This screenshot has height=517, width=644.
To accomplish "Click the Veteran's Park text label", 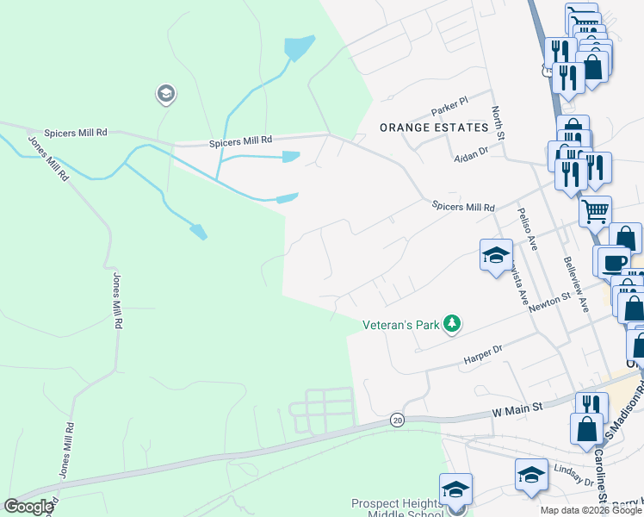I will tap(400, 324).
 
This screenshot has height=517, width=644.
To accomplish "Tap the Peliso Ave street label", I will tap(528, 228).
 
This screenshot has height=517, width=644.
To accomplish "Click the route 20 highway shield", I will tap(396, 420).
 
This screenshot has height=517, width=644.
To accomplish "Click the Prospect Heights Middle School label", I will tap(396, 508).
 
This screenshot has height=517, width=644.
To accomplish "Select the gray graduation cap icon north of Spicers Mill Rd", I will tap(165, 94).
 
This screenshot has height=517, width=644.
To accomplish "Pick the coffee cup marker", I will tap(613, 262).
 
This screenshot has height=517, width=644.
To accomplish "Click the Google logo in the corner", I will tap(28, 507).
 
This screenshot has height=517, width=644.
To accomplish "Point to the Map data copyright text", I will tap(590, 510).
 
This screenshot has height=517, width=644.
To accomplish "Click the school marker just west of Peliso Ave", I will tap(496, 255).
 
